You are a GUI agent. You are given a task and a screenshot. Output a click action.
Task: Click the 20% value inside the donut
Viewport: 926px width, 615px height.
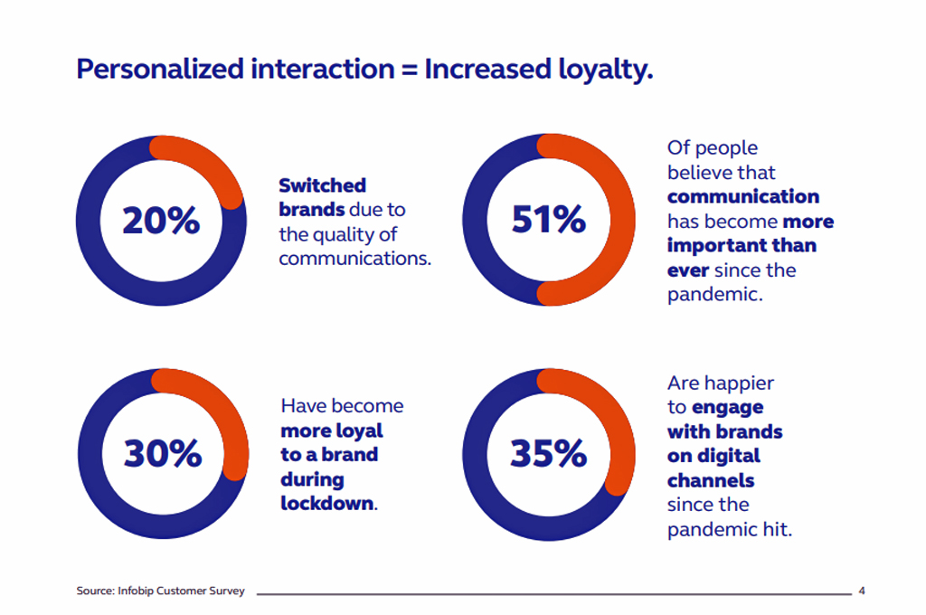coord(161,221)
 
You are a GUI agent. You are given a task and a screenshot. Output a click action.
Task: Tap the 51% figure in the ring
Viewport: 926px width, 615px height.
coord(549,219)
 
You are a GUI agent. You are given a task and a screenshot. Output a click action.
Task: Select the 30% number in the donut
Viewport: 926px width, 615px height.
coord(163,453)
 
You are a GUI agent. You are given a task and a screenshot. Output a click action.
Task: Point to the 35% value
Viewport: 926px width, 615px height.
coord(549,453)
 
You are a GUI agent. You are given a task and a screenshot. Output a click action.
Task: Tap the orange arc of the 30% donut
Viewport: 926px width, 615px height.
coord(231,413)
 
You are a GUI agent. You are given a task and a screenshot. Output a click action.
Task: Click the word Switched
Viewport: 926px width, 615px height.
coord(323,185)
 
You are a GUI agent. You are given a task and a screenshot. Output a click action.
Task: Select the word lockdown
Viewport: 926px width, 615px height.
coord(327,504)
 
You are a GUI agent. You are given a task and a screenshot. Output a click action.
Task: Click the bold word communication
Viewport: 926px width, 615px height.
coord(743,196)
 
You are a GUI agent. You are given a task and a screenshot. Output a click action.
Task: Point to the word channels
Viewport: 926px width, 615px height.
coord(711,480)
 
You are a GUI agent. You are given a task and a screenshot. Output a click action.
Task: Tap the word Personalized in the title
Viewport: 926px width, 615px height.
coord(160,70)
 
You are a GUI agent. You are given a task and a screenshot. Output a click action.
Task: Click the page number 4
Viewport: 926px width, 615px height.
coord(862,591)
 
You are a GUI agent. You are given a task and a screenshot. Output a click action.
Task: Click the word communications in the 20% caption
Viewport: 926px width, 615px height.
coord(354,259)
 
